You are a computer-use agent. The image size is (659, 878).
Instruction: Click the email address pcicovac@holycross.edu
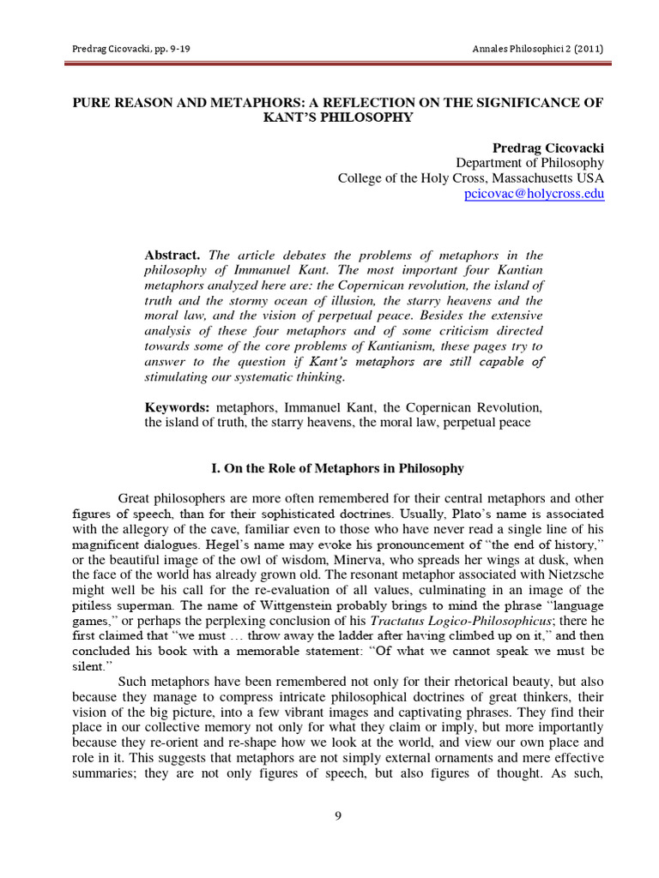pos(534,195)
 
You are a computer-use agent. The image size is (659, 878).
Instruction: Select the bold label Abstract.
pos(172,256)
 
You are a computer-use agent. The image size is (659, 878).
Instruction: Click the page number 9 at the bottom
pos(338,815)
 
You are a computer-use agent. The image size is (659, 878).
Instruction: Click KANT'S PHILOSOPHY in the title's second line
pos(338,117)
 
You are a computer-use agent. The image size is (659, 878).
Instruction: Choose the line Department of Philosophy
pos(529,163)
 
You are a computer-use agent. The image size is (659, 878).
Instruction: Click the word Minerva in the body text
pos(356,560)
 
